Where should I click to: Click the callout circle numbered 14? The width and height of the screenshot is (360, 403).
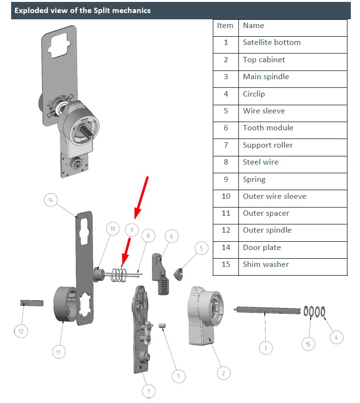click(51, 199)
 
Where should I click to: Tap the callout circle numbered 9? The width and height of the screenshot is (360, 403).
click(132, 228)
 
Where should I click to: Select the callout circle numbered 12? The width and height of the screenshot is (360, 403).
click(21, 332)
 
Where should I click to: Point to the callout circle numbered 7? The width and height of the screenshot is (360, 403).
click(179, 376)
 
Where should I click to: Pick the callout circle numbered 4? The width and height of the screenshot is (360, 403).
click(336, 337)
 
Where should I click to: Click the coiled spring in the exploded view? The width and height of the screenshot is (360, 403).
click(120, 274)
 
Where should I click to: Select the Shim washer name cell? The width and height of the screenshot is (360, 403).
click(266, 264)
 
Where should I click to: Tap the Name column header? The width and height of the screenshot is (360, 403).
click(253, 26)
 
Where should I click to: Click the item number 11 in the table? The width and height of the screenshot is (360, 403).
click(225, 213)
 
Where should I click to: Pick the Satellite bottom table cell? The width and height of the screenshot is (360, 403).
click(271, 42)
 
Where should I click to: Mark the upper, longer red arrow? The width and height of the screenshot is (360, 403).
click(141, 197)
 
